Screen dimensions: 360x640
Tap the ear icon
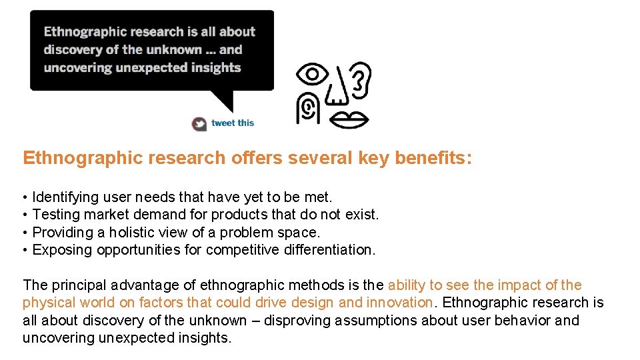click(360, 79)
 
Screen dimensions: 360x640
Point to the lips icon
click(350, 119)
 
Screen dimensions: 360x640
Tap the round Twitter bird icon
click(199, 123)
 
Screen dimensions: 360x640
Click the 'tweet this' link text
click(233, 123)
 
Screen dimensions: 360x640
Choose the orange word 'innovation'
click(399, 303)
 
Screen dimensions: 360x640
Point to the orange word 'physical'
click(47, 303)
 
